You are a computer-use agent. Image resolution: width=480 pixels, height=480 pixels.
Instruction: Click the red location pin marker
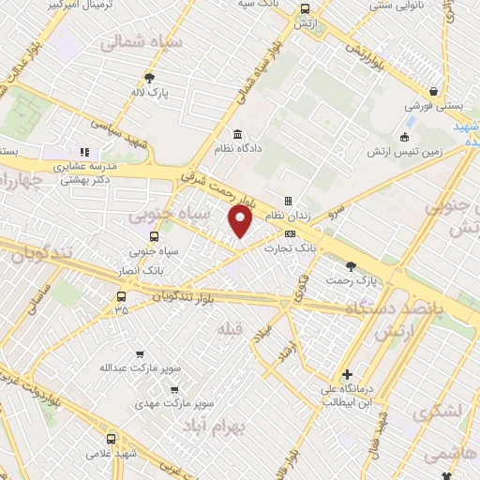(x=241, y=220)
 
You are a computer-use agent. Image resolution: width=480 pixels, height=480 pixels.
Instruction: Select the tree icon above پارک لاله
(x=149, y=79)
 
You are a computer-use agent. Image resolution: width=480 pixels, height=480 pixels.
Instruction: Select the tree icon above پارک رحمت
(x=352, y=265)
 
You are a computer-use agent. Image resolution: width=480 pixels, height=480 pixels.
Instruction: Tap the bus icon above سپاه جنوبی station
(x=154, y=236)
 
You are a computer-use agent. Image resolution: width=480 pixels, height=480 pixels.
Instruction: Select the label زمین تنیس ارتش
(x=403, y=151)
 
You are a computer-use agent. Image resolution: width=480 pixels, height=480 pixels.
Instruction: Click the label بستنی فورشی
(x=433, y=106)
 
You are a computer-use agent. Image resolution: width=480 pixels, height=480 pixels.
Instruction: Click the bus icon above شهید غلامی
(x=112, y=438)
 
